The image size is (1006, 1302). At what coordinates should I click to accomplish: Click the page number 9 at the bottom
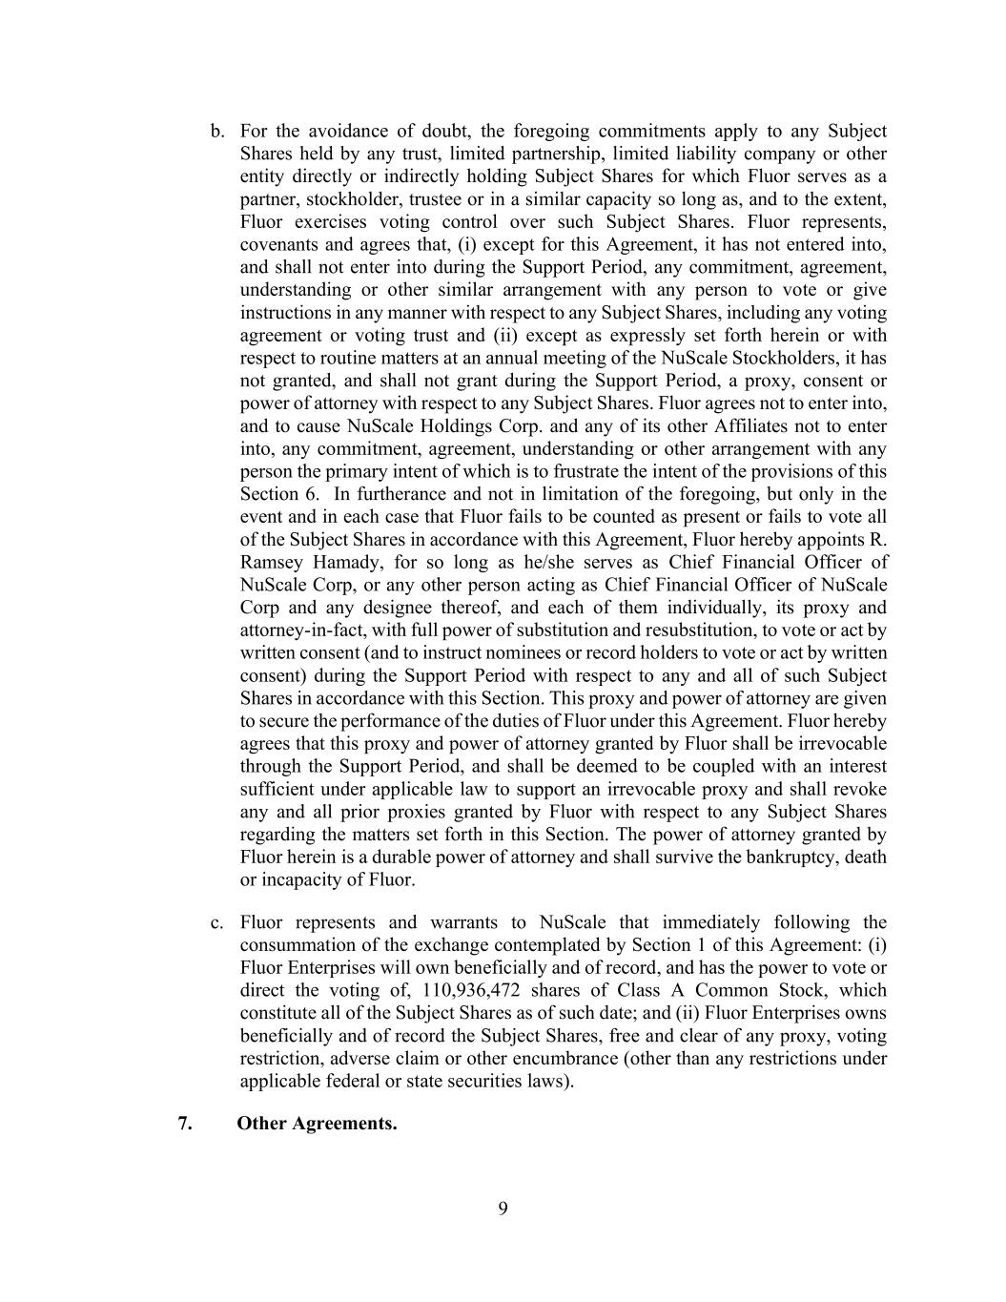(503, 1209)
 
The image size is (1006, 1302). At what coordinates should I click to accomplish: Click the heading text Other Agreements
(317, 1123)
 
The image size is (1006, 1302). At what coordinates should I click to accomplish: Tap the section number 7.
(185, 1123)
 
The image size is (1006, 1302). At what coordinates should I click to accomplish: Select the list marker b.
(217, 132)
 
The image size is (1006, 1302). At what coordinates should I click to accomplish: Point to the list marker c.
(217, 922)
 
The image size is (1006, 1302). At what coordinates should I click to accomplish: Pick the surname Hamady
(348, 562)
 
